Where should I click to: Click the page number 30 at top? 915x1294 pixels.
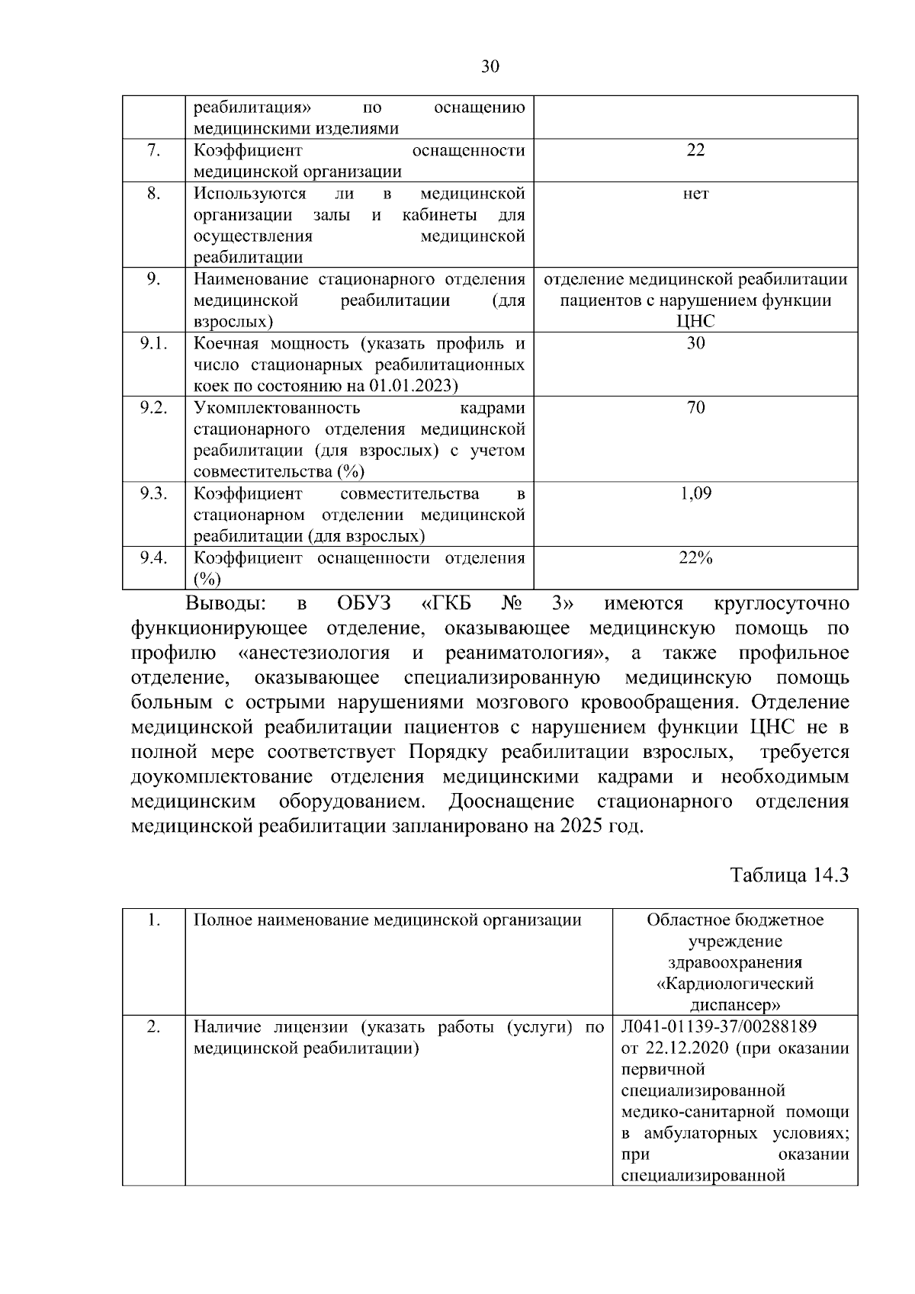pos(490,66)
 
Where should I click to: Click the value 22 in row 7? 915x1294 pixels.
pos(695,150)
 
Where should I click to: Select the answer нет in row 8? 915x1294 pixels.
pos(695,194)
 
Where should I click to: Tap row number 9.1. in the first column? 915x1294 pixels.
pos(153,343)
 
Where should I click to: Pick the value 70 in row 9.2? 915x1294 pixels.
pos(695,408)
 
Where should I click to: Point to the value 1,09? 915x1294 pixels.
pos(695,493)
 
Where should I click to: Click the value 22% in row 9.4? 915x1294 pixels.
pos(695,558)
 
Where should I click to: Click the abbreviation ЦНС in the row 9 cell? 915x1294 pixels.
pos(695,322)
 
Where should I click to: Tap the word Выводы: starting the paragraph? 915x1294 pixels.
pos(226,604)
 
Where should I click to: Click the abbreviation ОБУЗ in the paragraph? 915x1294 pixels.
pos(364,604)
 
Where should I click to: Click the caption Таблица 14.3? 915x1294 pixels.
pos(789,875)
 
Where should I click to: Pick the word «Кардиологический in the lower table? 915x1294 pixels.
pos(735,984)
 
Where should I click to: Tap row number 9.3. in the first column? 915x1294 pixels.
pos(153,493)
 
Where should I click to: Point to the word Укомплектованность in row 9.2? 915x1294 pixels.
pos(276,408)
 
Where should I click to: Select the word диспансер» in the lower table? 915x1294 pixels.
pos(735,1005)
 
